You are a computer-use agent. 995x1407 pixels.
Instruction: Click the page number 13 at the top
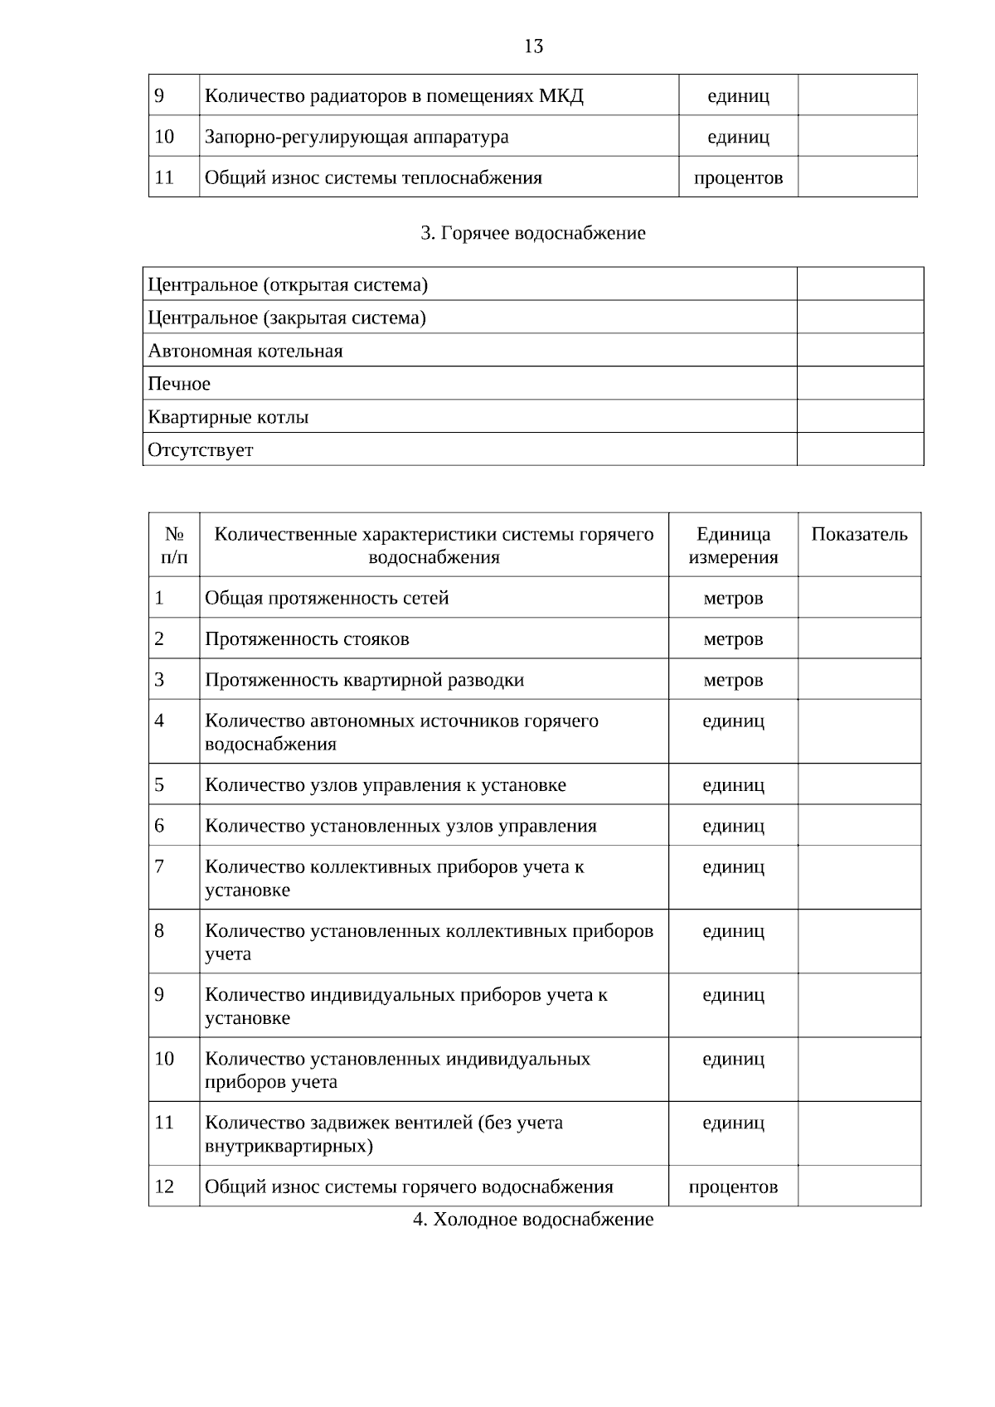pos(533,46)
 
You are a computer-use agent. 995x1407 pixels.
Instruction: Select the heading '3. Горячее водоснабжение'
pos(532,233)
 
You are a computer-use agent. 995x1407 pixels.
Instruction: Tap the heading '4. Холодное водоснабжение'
pos(533,1219)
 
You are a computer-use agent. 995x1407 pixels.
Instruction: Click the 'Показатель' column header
pos(859,535)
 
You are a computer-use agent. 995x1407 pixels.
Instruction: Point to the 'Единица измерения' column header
pos(733,546)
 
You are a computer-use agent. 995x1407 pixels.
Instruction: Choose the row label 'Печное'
pos(179,384)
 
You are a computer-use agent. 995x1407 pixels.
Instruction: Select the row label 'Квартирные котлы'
pos(228,417)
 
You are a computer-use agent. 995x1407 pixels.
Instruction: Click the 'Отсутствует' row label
pos(201,450)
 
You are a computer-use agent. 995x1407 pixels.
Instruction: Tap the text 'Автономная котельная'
pos(245,351)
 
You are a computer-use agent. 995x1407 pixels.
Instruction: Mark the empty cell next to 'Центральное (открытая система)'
pos(860,284)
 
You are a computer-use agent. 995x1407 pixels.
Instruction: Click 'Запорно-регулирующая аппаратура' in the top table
pos(357,137)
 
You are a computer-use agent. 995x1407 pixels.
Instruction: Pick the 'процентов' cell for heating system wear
pos(738,177)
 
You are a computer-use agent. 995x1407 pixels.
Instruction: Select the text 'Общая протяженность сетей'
pos(327,598)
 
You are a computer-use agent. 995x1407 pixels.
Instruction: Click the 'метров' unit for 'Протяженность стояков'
pos(733,639)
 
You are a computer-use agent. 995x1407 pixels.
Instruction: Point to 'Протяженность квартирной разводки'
pos(365,680)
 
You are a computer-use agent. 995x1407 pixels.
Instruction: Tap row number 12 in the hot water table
pos(164,1186)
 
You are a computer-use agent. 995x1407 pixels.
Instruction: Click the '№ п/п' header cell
pos(174,546)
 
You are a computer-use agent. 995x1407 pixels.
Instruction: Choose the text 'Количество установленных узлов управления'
pos(400,826)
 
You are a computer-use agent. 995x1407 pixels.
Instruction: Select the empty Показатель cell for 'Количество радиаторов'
pos(857,96)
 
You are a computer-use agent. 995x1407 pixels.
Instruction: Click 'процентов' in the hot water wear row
pos(733,1186)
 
